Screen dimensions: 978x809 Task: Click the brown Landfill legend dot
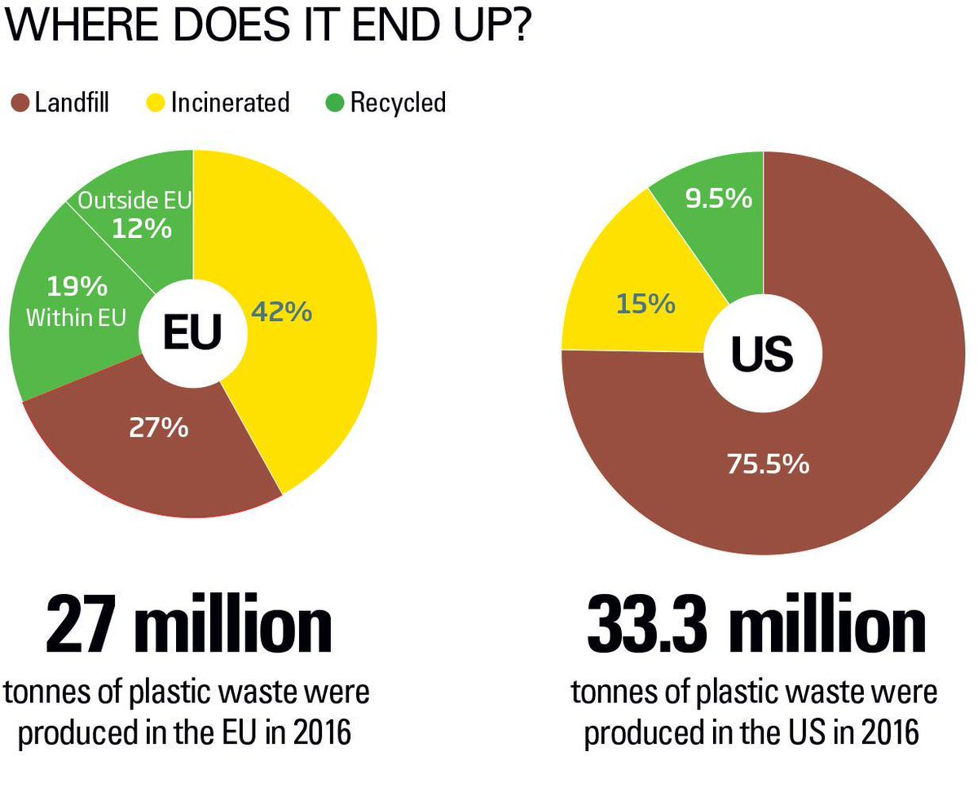pos(20,103)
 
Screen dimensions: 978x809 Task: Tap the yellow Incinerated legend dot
pos(156,103)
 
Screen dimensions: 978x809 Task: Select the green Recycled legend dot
pos(335,103)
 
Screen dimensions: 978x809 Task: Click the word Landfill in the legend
pos(73,102)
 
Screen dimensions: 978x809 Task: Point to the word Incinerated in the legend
pos(231,103)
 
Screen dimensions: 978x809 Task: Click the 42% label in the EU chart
pos(281,311)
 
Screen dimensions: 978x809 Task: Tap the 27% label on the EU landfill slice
pos(158,428)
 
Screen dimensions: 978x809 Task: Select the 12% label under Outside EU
pos(142,229)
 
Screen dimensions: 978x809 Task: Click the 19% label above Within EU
pos(77,286)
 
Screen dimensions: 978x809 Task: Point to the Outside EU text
pos(135,200)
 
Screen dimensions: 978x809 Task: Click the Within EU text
pos(77,318)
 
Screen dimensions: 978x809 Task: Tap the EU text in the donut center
pos(192,332)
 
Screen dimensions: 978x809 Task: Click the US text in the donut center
pos(762,354)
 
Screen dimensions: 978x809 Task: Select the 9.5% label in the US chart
pos(719,199)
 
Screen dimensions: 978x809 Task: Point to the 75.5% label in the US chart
pos(769,464)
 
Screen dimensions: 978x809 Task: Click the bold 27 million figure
pos(189,623)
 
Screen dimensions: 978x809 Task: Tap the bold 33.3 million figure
pos(756,623)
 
